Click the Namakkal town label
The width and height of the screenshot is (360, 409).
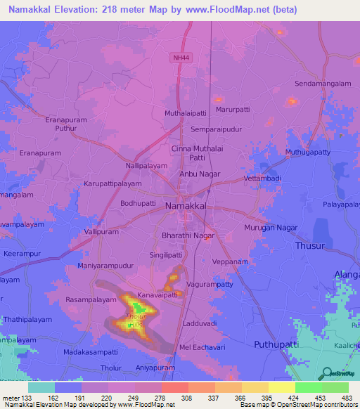click(x=186, y=207)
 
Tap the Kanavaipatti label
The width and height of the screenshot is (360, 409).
click(x=157, y=294)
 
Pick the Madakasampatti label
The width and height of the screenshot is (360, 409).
click(x=90, y=351)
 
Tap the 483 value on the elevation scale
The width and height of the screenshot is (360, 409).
click(x=347, y=397)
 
